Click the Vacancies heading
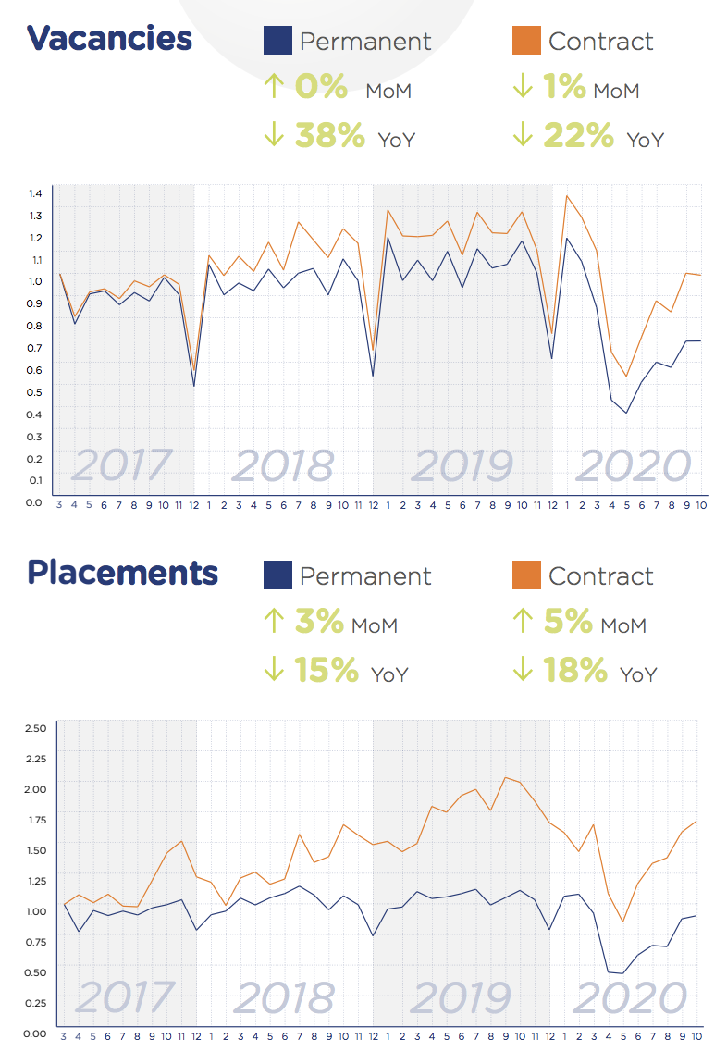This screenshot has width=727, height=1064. [109, 38]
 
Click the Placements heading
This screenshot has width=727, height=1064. [122, 573]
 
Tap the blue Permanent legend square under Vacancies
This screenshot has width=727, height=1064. [277, 41]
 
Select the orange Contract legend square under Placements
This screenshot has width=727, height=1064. [525, 575]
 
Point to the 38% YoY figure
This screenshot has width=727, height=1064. [330, 136]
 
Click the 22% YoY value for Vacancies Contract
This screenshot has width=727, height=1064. [579, 136]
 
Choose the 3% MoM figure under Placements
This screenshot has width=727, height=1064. [320, 622]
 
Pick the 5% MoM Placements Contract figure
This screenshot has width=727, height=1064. [568, 622]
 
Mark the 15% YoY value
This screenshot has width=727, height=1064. [327, 671]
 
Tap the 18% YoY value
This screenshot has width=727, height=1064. [575, 671]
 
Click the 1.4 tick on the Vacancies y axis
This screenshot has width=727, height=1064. [36, 193]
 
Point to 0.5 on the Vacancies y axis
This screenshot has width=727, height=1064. [36, 391]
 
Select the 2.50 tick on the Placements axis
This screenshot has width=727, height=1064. [34, 728]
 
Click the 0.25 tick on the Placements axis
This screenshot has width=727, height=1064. [34, 1002]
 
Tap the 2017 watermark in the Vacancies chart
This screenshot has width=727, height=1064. [122, 464]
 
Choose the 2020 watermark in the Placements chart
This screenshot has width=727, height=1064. [631, 997]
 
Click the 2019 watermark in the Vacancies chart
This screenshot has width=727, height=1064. [462, 464]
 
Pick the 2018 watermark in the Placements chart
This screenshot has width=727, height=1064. [284, 997]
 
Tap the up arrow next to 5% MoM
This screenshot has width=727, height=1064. [523, 622]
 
